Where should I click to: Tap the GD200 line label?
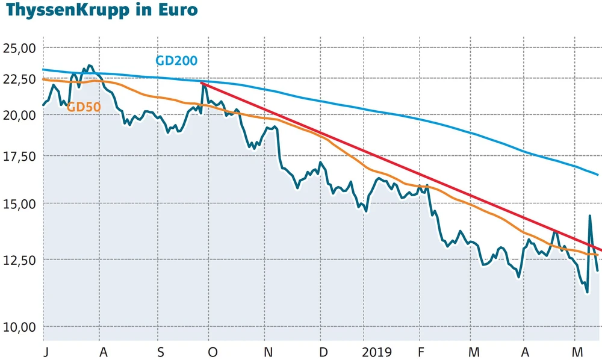point(176,61)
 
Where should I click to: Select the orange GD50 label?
point(83,107)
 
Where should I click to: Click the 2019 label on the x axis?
point(376,352)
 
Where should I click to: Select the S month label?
point(160,352)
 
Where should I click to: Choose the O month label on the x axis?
point(213,352)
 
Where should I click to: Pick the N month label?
point(268,352)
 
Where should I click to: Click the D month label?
point(323,352)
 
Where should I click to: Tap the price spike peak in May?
point(589,216)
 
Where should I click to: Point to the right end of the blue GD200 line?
point(598,175)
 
